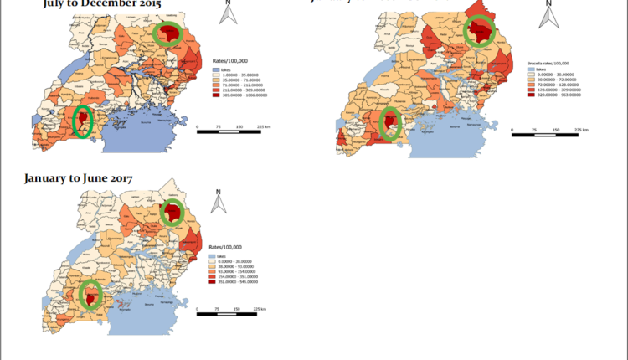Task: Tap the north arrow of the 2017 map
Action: [218, 203]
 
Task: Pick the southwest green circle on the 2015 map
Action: [82, 121]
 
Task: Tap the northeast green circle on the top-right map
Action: [480, 33]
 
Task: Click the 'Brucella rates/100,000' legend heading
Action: [548, 62]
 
